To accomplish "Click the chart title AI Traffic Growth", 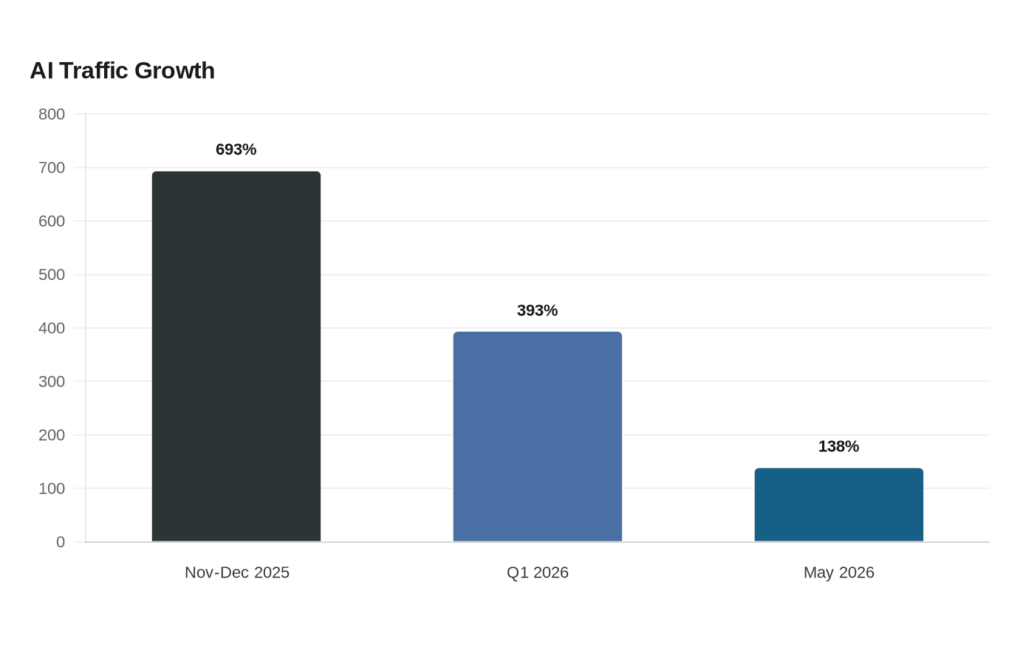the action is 123,71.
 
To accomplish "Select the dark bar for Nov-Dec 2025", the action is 236,356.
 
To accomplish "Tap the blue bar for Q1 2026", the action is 538,437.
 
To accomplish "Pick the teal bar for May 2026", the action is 839,504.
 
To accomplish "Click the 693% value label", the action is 236,149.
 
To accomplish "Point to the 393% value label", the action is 538,311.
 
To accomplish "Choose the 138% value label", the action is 839,446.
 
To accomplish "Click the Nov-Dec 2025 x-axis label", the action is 237,572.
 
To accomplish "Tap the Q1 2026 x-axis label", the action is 538,572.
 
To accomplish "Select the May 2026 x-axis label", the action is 839,573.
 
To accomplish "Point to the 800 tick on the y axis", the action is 52,114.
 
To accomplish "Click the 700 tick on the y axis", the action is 52,168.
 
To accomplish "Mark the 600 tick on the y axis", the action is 52,221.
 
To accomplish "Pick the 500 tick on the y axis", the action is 52,275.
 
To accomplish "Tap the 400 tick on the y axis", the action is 52,328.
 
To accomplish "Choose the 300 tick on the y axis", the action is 52,381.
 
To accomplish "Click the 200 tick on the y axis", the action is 52,435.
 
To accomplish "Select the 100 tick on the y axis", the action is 52,488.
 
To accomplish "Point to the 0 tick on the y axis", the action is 61,542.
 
